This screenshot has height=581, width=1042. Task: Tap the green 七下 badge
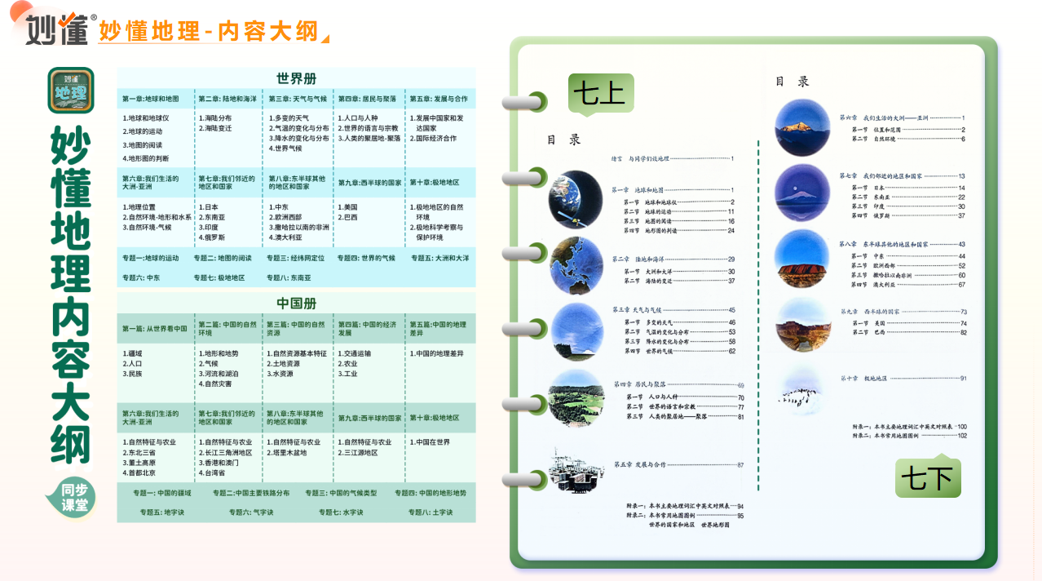[x=928, y=477]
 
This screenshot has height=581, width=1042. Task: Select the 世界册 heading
[x=296, y=78]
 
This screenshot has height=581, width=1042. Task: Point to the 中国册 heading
[x=296, y=304]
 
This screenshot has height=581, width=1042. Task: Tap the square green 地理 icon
[x=71, y=90]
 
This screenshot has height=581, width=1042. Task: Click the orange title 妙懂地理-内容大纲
[x=208, y=32]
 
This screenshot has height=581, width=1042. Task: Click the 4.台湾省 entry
[x=213, y=472]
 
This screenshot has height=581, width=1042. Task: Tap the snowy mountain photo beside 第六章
[x=802, y=127]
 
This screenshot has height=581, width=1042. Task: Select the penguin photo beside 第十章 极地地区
[x=802, y=387]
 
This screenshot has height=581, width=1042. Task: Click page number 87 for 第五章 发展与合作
[x=740, y=464]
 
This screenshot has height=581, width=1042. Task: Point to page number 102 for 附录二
[x=962, y=436]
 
